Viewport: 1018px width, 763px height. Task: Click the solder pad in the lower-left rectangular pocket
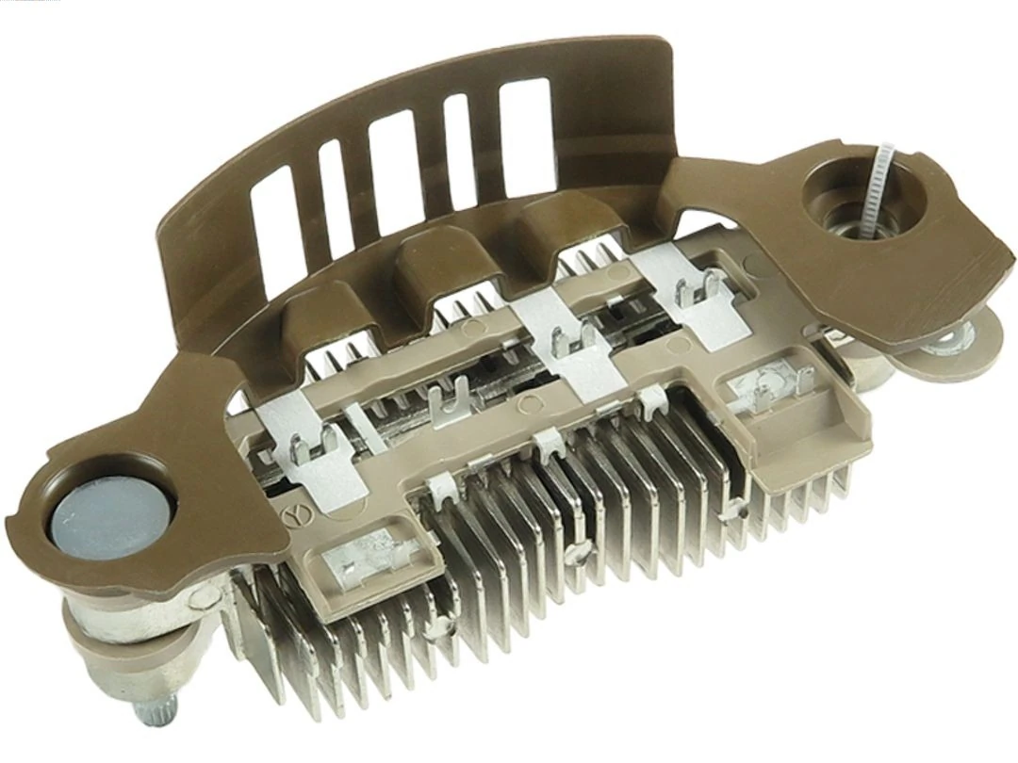[x=358, y=570]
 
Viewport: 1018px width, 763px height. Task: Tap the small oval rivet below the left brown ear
[x=201, y=595]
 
